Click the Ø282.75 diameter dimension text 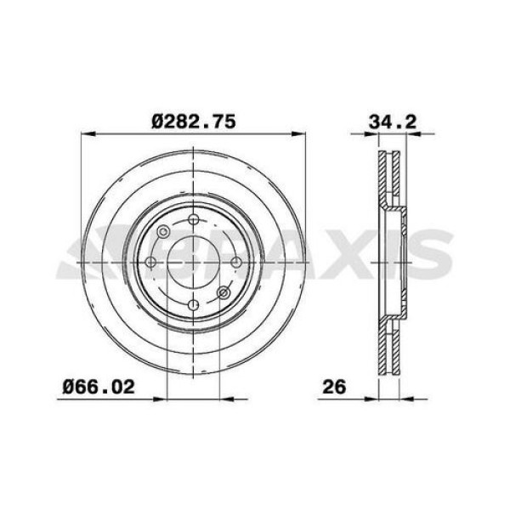194,122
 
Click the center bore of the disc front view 194,262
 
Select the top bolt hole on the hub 194,219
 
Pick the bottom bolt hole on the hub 194,304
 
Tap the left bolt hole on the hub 151,262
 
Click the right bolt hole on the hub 236,262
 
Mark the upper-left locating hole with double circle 163,231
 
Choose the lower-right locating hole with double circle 224,292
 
